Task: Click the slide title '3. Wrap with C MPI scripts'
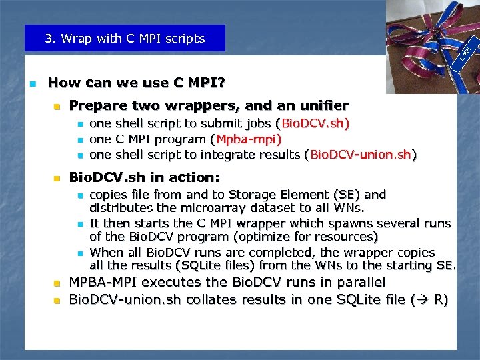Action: point(125,39)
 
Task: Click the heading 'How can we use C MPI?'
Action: point(137,83)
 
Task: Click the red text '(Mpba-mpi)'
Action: point(246,139)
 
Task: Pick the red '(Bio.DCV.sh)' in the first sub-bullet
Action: point(312,124)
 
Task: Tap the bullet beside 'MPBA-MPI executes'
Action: point(57,283)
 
